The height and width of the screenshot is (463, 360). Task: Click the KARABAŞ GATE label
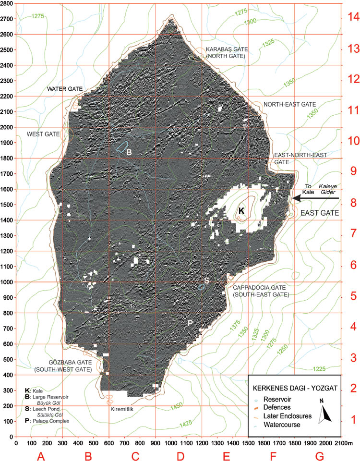225,49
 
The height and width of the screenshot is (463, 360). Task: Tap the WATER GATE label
65,89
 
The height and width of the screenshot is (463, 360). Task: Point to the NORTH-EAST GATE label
289,104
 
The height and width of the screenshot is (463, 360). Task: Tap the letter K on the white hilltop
241,210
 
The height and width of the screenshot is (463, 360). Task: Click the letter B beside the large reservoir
129,152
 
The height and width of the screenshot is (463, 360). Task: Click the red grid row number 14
354,16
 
